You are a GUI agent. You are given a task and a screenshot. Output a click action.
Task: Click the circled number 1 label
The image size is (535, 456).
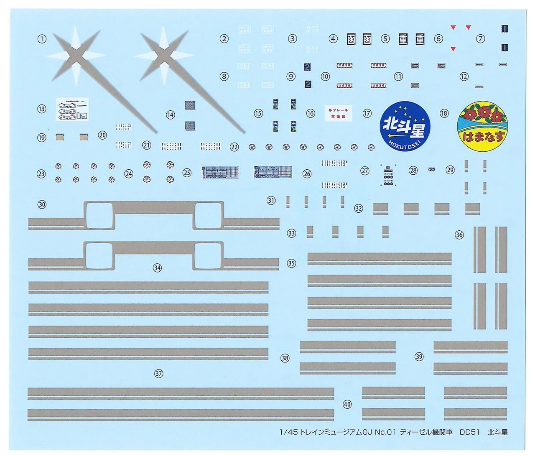point(42,39)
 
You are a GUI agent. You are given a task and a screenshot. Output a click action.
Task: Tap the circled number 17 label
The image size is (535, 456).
point(367,113)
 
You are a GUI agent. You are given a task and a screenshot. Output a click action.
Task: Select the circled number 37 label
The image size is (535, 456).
point(158,374)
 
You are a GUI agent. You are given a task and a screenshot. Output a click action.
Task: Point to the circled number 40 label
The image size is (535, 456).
point(347,404)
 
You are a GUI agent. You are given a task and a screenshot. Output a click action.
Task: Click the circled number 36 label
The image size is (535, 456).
point(459,234)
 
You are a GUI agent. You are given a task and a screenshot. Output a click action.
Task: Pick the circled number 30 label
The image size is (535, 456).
point(42,204)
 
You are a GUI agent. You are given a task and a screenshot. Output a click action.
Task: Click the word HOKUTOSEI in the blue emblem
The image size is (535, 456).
point(403,142)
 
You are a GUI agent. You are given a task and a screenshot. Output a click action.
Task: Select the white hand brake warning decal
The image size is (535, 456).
point(338,113)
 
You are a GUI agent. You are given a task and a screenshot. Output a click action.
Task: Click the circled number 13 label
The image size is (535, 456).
point(42,109)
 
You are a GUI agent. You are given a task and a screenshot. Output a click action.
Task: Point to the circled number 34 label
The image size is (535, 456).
point(157,268)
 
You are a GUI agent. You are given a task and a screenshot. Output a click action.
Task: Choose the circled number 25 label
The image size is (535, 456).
point(186,172)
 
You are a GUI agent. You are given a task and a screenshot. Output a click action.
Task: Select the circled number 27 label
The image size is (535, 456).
point(365,171)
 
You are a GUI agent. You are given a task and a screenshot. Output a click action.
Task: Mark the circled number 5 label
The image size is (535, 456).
point(385,39)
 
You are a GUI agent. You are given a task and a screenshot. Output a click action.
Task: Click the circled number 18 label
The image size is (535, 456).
point(444,113)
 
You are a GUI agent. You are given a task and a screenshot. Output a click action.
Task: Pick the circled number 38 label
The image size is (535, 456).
point(285,358)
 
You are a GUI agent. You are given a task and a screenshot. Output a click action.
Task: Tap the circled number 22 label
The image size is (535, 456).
point(234,147)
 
